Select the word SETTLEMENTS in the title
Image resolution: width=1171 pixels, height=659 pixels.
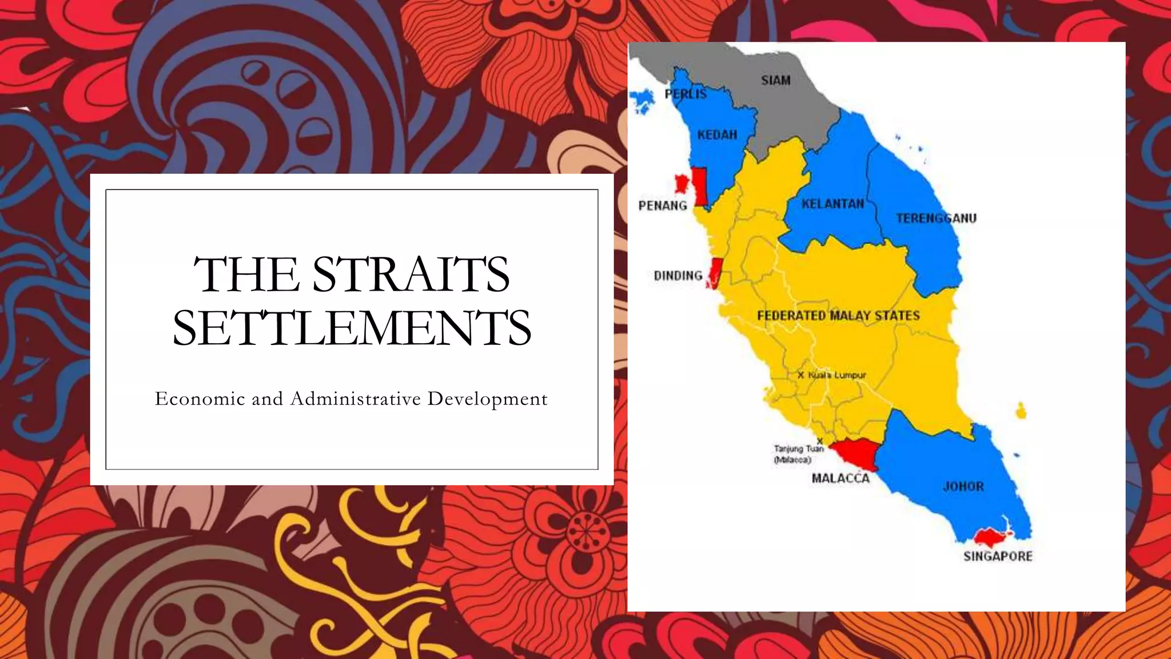pos(352,327)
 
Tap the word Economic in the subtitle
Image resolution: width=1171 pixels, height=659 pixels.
pos(200,398)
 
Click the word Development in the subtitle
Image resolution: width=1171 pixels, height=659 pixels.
pos(487,399)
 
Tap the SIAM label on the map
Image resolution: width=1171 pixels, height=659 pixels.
pos(775,81)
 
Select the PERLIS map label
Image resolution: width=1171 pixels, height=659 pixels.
pos(686,94)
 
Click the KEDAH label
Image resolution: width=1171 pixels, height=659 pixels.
pos(717,135)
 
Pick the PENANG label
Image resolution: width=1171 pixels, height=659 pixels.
pos(663,206)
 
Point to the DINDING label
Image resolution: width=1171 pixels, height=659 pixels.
pos(678,276)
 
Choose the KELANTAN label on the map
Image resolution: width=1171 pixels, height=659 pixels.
pos(833,204)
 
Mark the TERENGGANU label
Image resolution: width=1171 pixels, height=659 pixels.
pos(936,219)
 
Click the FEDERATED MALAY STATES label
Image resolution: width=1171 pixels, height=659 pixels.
pos(838,316)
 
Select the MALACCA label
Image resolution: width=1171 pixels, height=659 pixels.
pos(841,478)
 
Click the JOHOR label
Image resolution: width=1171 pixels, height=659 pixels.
pos(963,487)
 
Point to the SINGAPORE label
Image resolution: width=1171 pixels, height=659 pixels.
pos(998,556)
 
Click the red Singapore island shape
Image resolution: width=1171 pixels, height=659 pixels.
pos(991,537)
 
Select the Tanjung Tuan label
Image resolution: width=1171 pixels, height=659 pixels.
pos(799,449)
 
